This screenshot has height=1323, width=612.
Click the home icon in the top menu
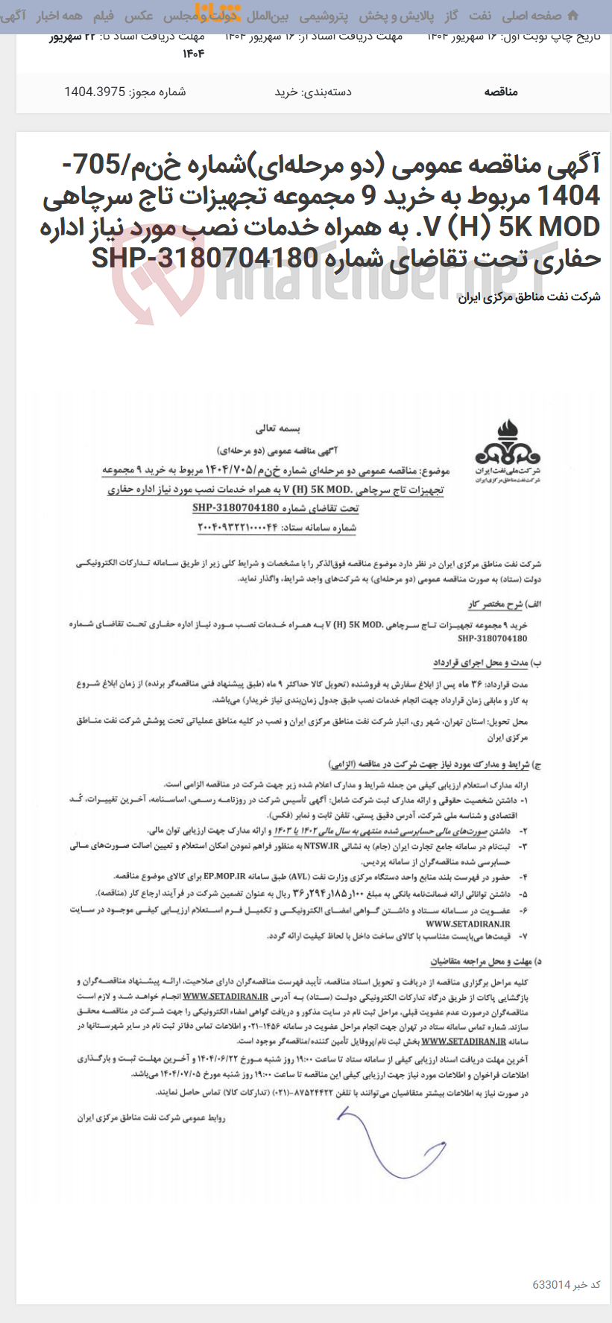[x=572, y=16]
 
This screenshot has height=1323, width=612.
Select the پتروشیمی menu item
[x=324, y=16]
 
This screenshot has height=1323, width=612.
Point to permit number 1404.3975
[x=124, y=92]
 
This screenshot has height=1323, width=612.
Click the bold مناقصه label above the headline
[x=501, y=92]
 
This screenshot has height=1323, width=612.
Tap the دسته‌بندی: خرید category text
[x=313, y=92]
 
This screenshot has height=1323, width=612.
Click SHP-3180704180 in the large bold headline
[x=205, y=258]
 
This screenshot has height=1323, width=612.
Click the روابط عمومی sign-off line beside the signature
[x=151, y=1117]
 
